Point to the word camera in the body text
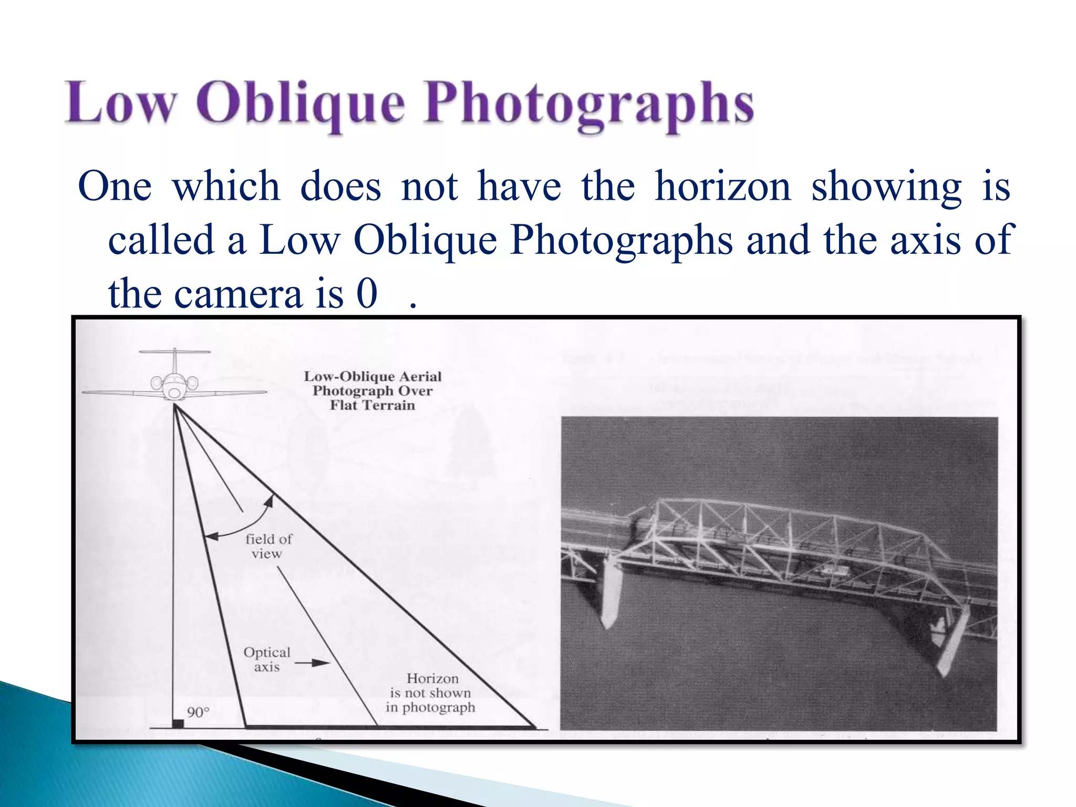pyautogui.click(x=238, y=294)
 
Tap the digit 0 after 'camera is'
pyautogui.click(x=367, y=294)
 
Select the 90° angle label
pyautogui.click(x=198, y=712)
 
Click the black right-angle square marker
pyautogui.click(x=178, y=723)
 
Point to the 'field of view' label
pyautogui.click(x=268, y=546)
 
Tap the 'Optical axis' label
pyautogui.click(x=267, y=659)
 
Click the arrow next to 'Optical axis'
pyautogui.click(x=312, y=663)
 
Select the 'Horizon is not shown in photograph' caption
pyautogui.click(x=431, y=693)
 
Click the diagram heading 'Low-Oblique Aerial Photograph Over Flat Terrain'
pyautogui.click(x=373, y=391)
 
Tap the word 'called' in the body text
pyautogui.click(x=161, y=240)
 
